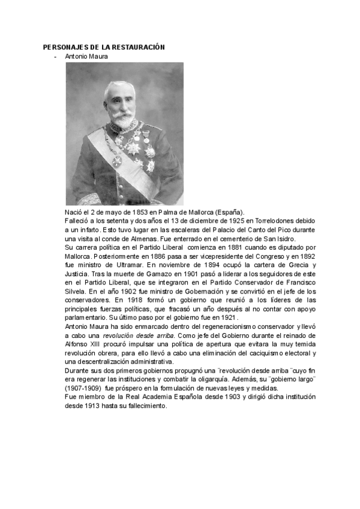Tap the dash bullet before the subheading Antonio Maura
56,56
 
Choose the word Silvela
76,290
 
